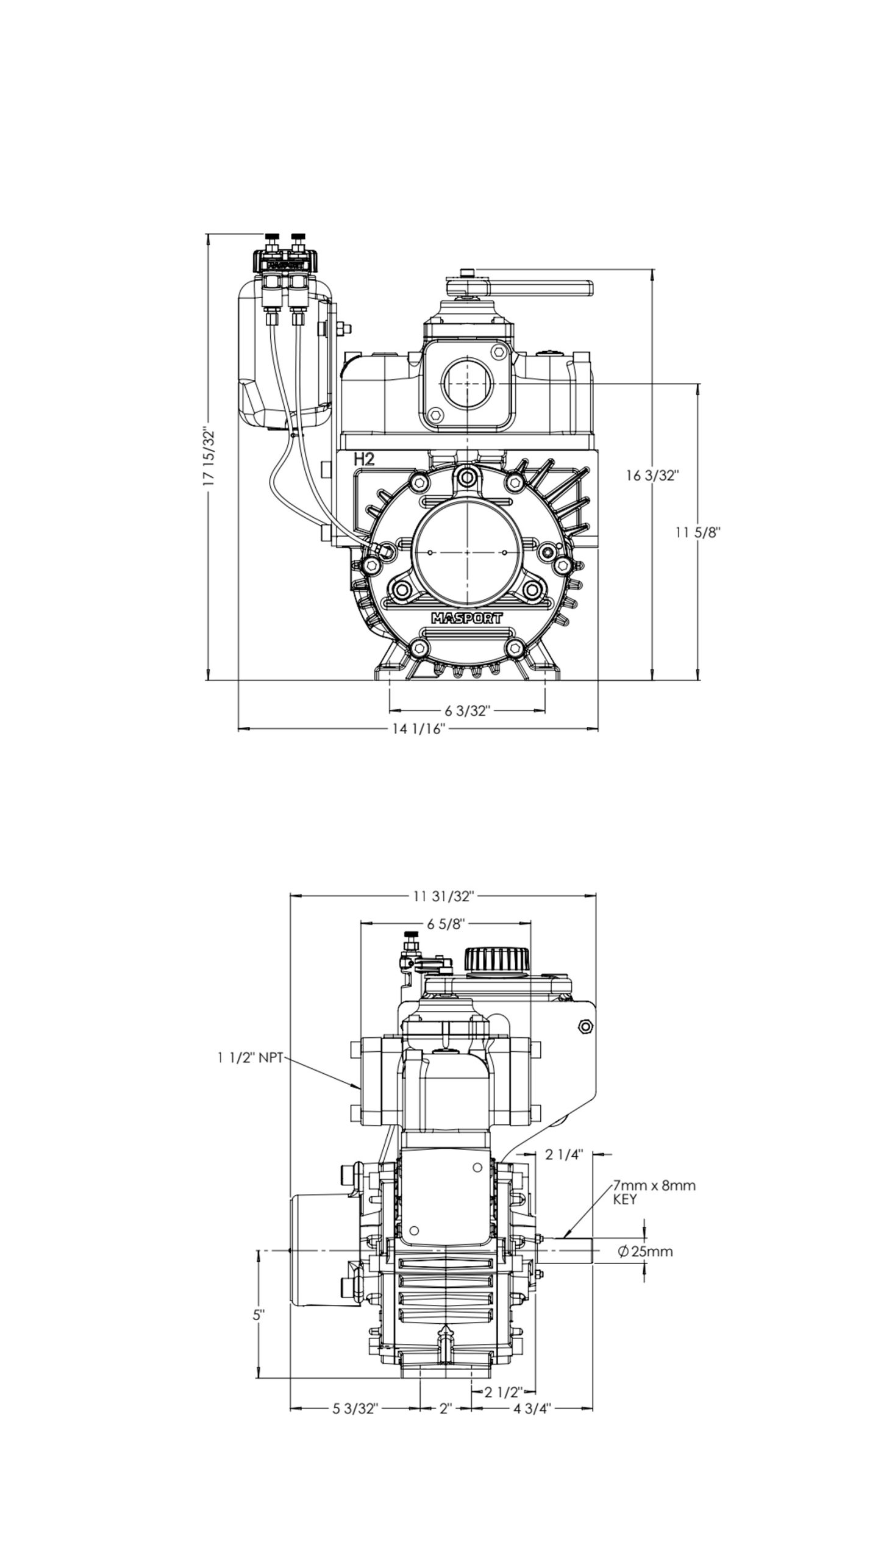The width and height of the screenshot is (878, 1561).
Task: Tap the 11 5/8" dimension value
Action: coord(698,532)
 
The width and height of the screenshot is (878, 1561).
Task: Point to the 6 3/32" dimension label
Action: coord(468,710)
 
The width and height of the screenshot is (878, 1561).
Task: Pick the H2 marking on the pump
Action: coord(364,460)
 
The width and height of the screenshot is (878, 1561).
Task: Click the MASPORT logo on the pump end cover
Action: coord(467,618)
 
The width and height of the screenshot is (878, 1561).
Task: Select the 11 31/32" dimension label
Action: coord(443,896)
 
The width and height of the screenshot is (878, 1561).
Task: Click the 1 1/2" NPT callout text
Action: coord(250,1059)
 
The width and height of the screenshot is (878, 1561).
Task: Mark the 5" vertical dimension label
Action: coord(259,1315)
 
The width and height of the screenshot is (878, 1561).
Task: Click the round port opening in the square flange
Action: coord(467,384)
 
